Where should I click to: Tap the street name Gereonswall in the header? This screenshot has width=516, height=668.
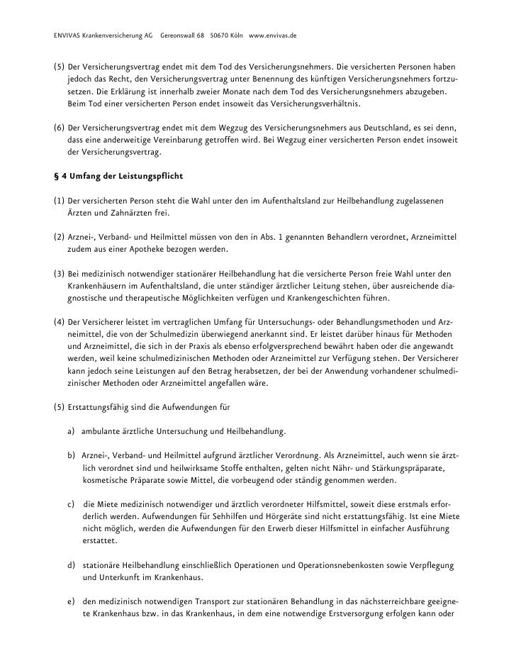(182, 35)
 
